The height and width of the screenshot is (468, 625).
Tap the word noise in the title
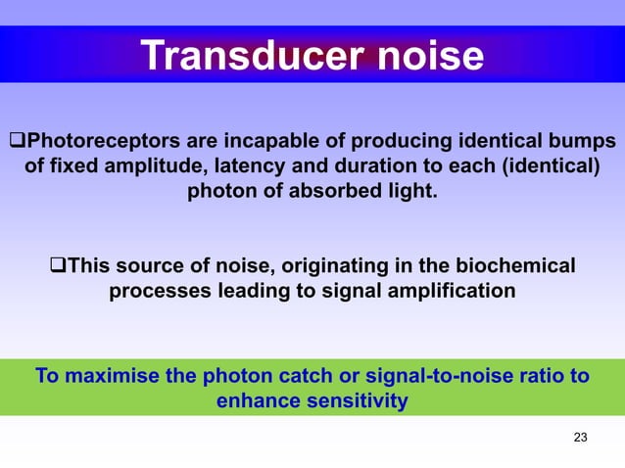coord(424,56)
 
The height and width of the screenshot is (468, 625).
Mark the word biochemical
coord(519,265)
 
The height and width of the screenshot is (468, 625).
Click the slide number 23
coord(580,437)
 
